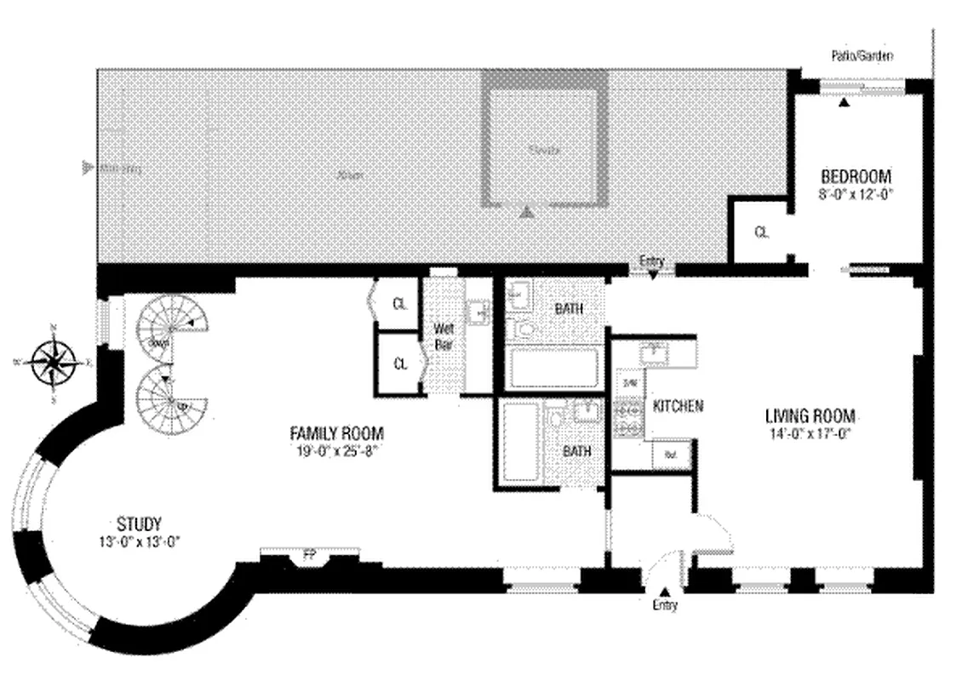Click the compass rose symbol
[x=54, y=362]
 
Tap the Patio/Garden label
[x=862, y=57]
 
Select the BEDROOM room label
[x=856, y=177]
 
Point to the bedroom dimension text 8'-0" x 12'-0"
[x=856, y=193]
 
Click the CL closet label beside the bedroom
[x=762, y=231]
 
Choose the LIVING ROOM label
[x=810, y=416]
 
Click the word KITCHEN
[x=678, y=406]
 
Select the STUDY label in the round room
[x=140, y=524]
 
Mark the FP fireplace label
[x=308, y=558]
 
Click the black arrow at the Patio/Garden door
[x=844, y=102]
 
